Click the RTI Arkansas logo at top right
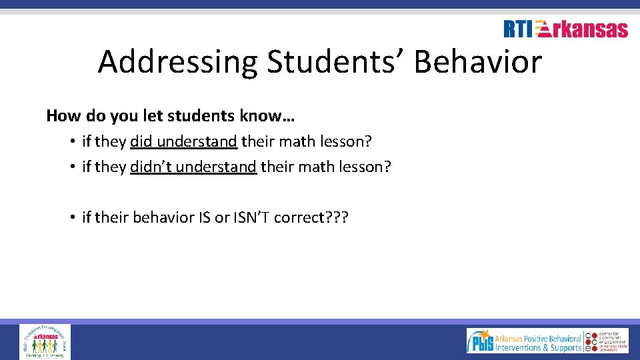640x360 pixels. (565, 29)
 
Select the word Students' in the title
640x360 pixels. (336, 62)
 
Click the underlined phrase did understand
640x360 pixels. (183, 141)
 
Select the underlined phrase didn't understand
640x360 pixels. (193, 167)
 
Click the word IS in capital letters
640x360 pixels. (205, 217)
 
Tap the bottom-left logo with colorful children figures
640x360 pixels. (45, 341)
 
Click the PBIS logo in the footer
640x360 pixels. (524, 341)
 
